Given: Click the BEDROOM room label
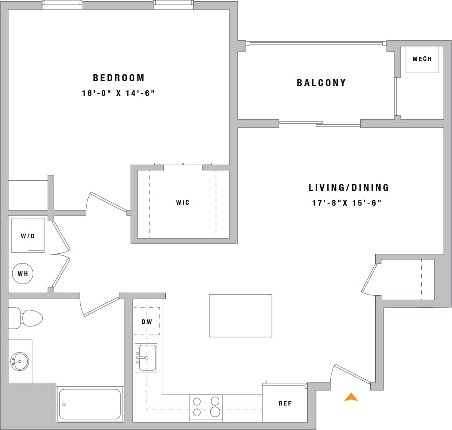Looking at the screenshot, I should [x=118, y=78].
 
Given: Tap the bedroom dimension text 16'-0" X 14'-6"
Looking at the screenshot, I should [x=118, y=93].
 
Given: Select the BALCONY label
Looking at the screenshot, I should [x=321, y=83].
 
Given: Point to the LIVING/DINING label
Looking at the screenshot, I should [x=349, y=188].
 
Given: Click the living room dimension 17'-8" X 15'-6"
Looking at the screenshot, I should [x=347, y=203].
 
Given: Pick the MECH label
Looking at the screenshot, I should [x=422, y=59].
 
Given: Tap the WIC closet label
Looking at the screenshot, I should [x=183, y=202].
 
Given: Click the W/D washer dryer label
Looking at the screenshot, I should [x=28, y=236].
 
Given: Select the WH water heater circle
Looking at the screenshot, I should [x=23, y=273].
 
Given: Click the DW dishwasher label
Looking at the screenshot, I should [x=147, y=321].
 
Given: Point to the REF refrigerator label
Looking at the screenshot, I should [x=285, y=403].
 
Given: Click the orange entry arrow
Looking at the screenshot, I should [x=351, y=397].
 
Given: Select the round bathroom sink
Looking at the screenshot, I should [x=20, y=361].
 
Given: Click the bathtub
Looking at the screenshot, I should [x=90, y=404].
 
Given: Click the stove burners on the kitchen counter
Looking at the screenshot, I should [x=206, y=407].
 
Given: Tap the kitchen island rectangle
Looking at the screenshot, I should [x=240, y=316].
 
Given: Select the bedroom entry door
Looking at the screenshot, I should [x=107, y=202].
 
